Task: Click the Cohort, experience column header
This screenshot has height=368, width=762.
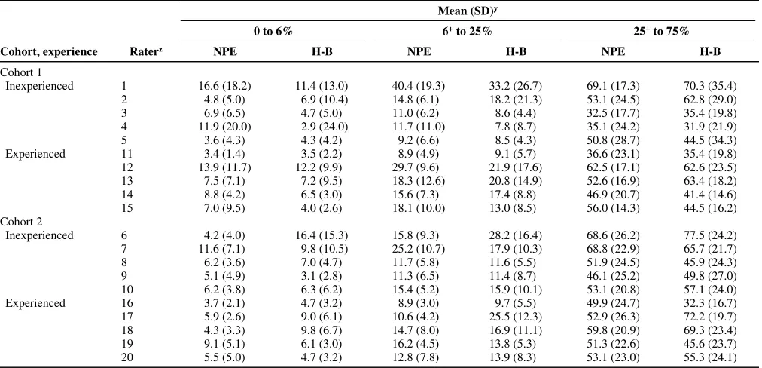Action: [49, 51]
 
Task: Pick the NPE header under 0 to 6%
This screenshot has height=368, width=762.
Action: [225, 51]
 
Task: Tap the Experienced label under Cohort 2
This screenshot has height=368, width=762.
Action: [35, 303]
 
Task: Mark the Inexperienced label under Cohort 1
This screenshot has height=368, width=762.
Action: [39, 86]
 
